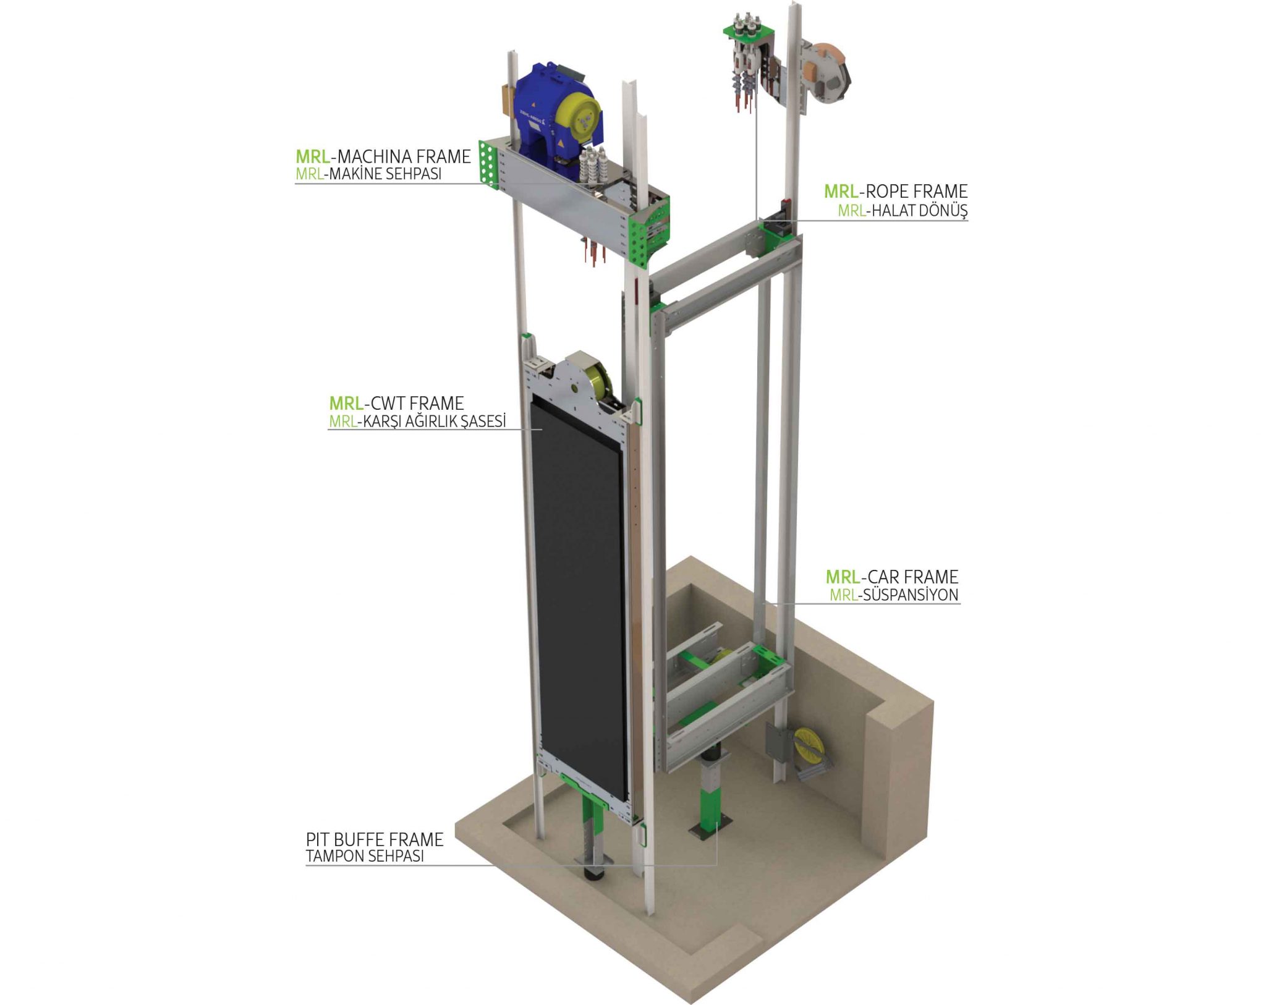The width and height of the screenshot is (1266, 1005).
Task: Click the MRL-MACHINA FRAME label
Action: (x=383, y=156)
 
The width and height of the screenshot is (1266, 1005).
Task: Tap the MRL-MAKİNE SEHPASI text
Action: (x=368, y=174)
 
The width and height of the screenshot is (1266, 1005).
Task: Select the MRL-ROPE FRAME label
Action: (x=896, y=192)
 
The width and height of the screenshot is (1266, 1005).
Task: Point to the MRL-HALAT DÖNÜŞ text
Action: (x=903, y=210)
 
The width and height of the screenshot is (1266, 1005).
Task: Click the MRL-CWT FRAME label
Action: (x=396, y=404)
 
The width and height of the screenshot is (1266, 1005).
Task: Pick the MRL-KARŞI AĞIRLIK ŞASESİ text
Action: (x=417, y=422)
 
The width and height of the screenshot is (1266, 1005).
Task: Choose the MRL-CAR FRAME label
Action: (x=892, y=577)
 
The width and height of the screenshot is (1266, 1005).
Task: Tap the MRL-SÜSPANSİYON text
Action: (x=894, y=595)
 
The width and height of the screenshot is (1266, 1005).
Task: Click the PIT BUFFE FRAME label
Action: (x=375, y=839)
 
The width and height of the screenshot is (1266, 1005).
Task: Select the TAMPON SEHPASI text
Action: (x=365, y=857)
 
